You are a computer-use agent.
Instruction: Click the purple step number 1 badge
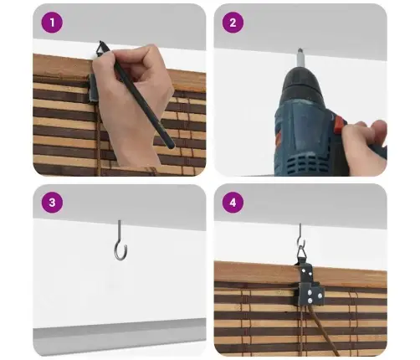pyautogui.click(x=52, y=23)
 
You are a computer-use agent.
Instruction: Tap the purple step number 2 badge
pyautogui.click(x=233, y=23)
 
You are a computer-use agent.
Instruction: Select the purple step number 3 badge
pyautogui.click(x=52, y=203)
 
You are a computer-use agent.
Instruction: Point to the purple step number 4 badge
pyautogui.click(x=233, y=203)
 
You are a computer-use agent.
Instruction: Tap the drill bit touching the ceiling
pyautogui.click(x=300, y=57)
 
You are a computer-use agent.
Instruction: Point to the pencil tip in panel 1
pyautogui.click(x=100, y=42)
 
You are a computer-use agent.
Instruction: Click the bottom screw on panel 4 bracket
pyautogui.click(x=310, y=301)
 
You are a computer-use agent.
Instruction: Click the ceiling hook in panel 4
pyautogui.click(x=301, y=236)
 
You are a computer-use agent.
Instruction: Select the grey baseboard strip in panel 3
pyautogui.click(x=120, y=337)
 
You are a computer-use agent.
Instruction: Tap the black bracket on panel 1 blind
pyautogui.click(x=94, y=88)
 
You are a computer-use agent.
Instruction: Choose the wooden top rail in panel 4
pyautogui.click(x=300, y=274)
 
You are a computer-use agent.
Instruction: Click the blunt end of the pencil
pyautogui.click(x=170, y=145)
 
